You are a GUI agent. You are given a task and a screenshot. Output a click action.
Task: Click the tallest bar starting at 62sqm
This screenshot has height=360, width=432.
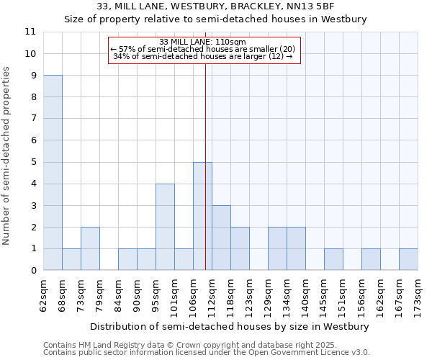(53, 173)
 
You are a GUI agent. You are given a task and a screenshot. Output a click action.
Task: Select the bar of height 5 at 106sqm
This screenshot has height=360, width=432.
(202, 216)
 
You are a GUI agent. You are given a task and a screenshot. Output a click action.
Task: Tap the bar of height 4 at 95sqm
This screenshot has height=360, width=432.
(165, 227)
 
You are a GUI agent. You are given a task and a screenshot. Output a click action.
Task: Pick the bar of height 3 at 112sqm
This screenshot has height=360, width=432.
(221, 238)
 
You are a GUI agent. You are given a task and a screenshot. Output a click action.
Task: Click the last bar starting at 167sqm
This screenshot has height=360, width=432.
(408, 259)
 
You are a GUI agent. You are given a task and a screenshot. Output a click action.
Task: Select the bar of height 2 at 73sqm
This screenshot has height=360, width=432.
(90, 248)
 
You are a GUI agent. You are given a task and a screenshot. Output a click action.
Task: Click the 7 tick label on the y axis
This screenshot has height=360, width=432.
(32, 119)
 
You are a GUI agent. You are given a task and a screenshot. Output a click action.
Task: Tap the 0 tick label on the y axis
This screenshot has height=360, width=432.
(32, 271)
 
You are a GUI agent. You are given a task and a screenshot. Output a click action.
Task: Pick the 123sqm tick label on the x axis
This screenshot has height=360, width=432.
(250, 295)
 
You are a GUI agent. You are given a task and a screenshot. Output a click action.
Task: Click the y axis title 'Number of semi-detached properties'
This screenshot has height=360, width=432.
(7, 156)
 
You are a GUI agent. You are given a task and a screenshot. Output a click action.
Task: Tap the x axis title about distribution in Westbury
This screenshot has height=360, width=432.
(230, 326)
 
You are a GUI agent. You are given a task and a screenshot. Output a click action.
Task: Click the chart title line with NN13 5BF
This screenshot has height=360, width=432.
(216, 6)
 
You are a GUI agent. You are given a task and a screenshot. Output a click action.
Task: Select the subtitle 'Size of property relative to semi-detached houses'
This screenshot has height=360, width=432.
(216, 19)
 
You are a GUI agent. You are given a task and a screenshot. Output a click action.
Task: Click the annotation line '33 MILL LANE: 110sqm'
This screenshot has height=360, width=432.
(203, 42)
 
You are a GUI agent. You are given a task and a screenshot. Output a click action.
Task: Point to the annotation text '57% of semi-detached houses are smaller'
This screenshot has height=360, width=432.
(203, 49)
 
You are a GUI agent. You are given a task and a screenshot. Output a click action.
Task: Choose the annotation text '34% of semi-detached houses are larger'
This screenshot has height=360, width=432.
(203, 56)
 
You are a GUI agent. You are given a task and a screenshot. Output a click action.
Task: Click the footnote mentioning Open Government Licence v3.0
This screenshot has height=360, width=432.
(207, 353)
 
